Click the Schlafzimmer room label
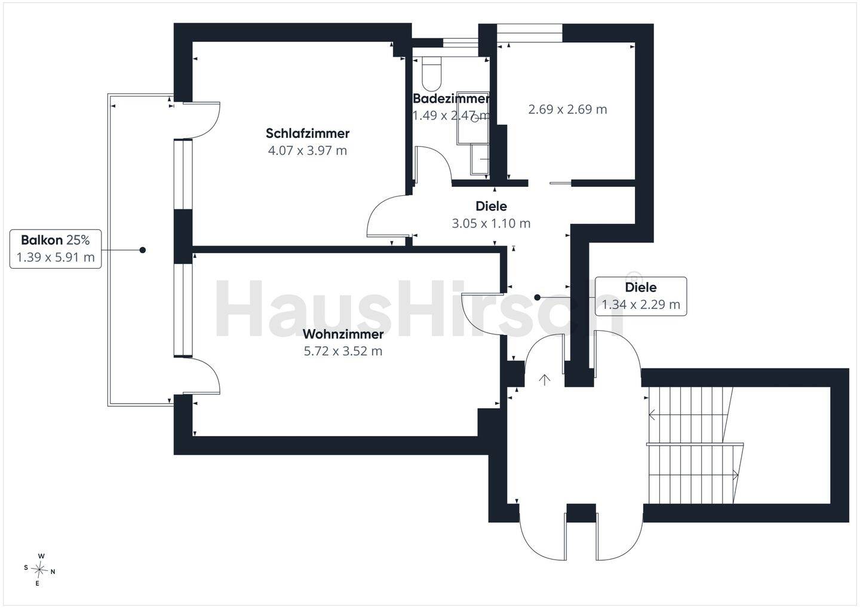pos(308,133)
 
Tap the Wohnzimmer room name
pos(343,334)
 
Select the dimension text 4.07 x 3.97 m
pos(308,151)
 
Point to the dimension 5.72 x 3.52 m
pos(343,351)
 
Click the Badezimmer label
pos(451,99)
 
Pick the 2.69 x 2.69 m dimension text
pos(567,109)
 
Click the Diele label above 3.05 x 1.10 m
pos(491,206)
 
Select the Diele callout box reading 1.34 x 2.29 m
pos(641,296)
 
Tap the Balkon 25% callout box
pos(56,248)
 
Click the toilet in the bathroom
pos(432,73)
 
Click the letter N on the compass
pos(53,572)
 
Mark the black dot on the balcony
pos(142,250)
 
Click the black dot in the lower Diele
pos(537,297)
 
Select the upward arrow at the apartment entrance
pos(545,380)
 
